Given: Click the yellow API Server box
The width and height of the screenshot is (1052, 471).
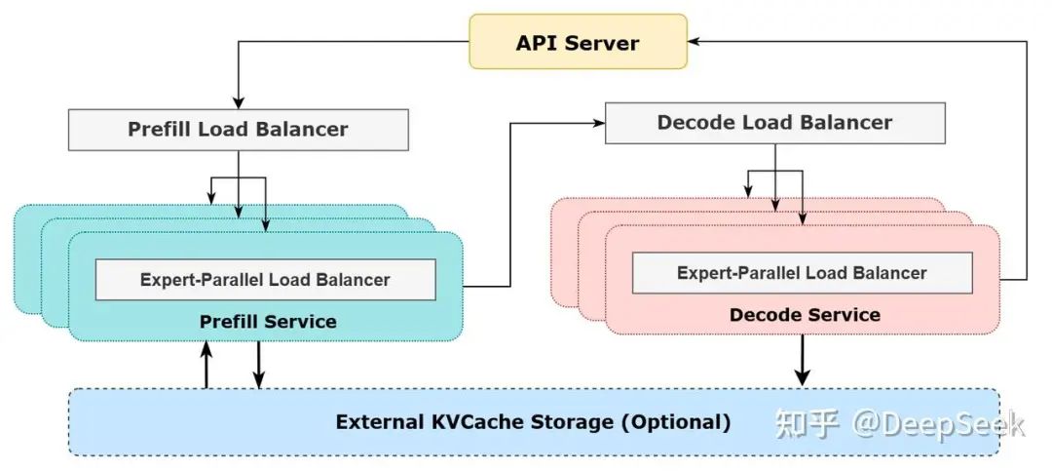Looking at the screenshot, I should click(577, 43).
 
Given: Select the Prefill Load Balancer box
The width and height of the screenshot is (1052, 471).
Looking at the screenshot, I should click(238, 129).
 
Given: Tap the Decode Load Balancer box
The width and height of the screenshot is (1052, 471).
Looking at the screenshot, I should click(774, 123).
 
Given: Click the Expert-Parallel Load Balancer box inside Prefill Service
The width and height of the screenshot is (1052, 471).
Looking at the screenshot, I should click(265, 280).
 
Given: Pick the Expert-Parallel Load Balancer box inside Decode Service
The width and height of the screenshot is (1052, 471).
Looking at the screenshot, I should click(802, 273).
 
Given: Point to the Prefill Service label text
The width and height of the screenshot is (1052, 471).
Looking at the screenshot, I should click(268, 321).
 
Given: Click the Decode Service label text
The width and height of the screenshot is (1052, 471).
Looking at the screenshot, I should click(805, 315).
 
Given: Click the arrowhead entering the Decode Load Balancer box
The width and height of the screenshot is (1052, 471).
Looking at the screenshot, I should click(598, 123).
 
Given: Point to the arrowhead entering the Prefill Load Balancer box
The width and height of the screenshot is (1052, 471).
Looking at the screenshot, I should click(237, 103).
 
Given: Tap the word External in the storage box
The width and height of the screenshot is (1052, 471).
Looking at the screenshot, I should click(379, 422).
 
